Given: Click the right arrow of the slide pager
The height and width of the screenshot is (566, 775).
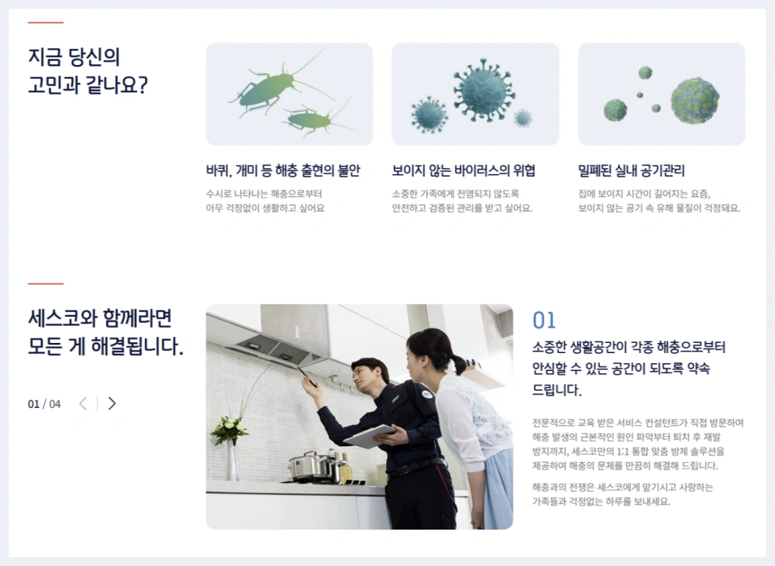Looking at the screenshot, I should click(x=112, y=403).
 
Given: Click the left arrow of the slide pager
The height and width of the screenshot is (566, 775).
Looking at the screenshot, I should click(x=83, y=403).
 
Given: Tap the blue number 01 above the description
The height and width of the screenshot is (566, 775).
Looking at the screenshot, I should click(x=544, y=321).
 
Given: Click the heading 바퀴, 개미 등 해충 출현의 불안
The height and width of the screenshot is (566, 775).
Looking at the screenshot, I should click(x=283, y=171).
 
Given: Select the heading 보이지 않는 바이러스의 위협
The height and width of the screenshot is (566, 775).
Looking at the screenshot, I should click(x=463, y=171).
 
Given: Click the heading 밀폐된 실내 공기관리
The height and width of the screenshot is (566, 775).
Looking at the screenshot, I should click(x=632, y=171).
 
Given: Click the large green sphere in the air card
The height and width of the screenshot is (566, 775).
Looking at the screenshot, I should click(x=694, y=100).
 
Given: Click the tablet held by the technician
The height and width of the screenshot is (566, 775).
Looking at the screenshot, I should click(x=369, y=436).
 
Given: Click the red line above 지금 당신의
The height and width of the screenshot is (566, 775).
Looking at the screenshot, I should click(x=46, y=23).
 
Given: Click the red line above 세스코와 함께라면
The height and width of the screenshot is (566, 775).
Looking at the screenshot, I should click(x=46, y=284).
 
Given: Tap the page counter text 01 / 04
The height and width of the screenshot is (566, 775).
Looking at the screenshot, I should click(x=44, y=403).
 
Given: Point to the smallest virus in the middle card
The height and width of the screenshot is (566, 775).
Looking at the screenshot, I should click(x=523, y=118).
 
